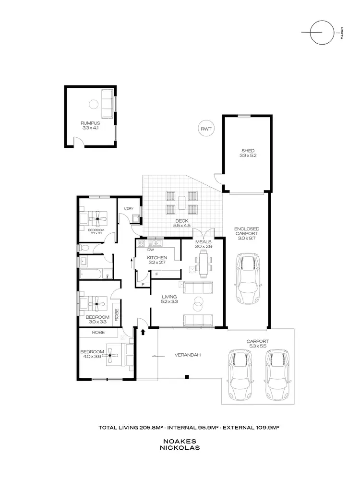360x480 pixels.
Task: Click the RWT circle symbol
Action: tap(207, 129)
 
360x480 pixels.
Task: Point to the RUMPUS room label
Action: tap(90, 126)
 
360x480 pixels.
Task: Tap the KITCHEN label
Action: tap(156, 259)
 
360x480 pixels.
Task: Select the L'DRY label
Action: tap(129, 208)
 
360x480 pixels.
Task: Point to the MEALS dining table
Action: tap(204, 264)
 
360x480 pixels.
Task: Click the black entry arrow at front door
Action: tap(143, 331)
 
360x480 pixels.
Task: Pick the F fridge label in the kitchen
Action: tap(156, 274)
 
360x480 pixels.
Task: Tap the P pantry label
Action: tap(143, 285)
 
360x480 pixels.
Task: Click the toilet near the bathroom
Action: tap(84, 248)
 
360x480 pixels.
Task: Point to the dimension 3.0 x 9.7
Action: tap(248, 238)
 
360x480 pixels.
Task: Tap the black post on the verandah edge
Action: tap(188, 376)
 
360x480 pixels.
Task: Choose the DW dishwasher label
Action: tap(150, 250)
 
